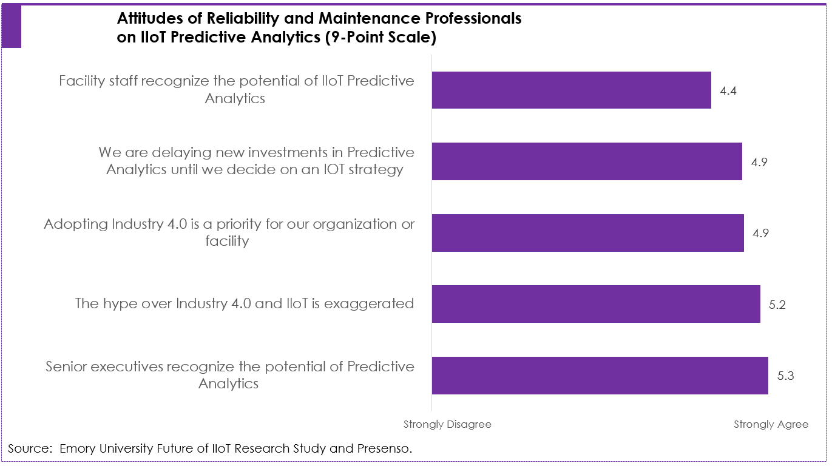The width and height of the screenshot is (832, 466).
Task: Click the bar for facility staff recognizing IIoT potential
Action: (571, 90)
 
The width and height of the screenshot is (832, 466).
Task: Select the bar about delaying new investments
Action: (587, 161)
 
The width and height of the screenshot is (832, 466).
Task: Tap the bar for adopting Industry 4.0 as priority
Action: (587, 233)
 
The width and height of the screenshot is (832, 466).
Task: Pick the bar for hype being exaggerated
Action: (596, 304)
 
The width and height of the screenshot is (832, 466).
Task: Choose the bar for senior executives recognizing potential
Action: (600, 376)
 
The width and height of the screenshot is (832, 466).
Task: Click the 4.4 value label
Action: (728, 91)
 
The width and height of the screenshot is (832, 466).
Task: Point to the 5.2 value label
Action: (777, 305)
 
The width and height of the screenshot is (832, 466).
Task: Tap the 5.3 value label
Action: (785, 376)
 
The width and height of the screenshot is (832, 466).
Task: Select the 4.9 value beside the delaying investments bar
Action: (760, 162)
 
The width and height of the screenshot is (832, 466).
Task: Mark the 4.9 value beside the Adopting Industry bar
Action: (760, 234)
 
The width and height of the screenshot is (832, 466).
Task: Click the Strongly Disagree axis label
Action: (447, 424)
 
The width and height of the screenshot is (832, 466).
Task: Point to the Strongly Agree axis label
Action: (771, 424)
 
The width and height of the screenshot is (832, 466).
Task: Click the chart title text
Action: (319, 28)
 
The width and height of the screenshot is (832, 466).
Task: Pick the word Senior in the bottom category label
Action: (67, 367)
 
